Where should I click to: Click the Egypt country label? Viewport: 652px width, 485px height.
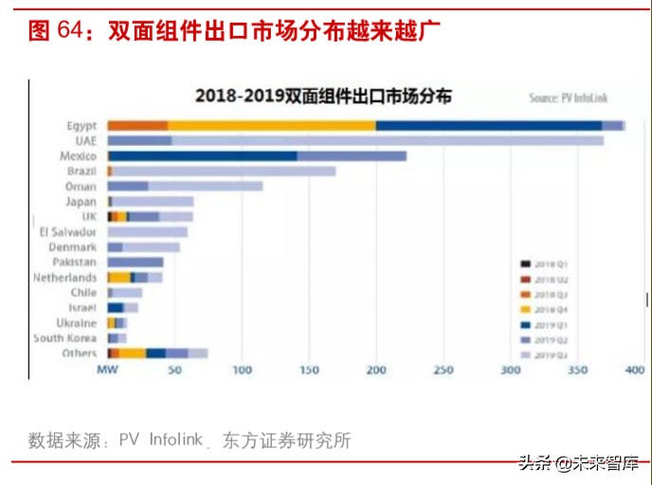coord(81,125)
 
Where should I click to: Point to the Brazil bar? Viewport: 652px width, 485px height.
coord(222,171)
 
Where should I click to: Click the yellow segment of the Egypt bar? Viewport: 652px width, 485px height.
coord(272,125)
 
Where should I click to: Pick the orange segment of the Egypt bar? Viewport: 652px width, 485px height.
coord(137,125)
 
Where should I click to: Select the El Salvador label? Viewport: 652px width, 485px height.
coord(67,232)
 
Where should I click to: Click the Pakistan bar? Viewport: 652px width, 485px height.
coord(135,262)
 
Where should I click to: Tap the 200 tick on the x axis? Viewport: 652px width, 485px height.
coord(376,370)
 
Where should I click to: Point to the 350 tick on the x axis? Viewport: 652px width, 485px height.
coord(577,370)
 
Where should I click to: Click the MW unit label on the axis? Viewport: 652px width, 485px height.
coord(106,370)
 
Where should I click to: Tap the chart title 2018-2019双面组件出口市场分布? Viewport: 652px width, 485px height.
coord(323,96)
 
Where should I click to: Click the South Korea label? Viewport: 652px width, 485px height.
coord(64,338)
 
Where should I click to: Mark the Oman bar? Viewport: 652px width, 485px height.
coord(185,187)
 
